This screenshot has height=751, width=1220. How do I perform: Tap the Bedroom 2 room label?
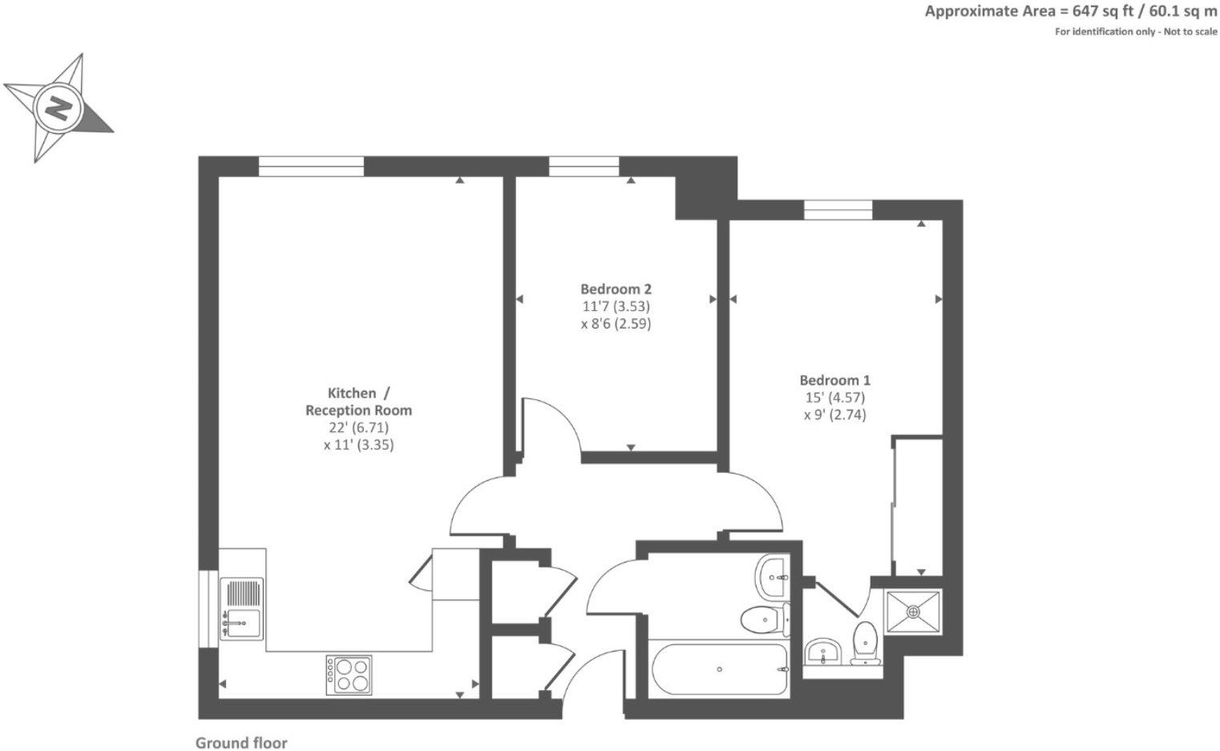pos(616,289)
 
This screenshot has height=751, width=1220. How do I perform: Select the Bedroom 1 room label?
pos(834,380)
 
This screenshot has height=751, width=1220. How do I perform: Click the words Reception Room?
pos(358,410)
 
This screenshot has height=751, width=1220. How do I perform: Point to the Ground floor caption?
pos(241,743)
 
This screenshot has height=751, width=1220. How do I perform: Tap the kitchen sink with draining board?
pos(242,609)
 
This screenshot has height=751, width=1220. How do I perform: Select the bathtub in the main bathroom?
pos(719,669)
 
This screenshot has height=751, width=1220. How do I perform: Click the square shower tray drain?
pos(913,612)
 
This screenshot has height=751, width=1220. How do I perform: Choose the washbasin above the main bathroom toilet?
pos(773,575)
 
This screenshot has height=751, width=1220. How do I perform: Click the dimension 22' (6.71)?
pos(358,427)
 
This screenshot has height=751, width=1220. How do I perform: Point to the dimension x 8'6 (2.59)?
pos(616,324)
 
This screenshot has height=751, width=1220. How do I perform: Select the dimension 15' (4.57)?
pos(834,398)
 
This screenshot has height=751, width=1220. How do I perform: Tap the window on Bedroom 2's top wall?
pos(584,167)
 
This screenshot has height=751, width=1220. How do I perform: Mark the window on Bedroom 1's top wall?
pos(838,210)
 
